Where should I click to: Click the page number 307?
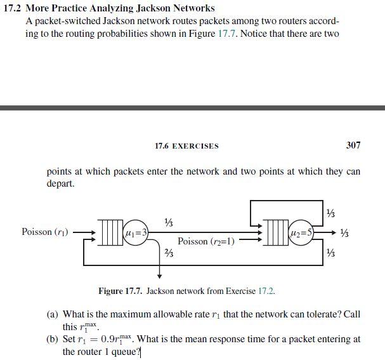pyautogui.click(x=353, y=145)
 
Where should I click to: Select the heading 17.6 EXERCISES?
pyautogui.click(x=186, y=145)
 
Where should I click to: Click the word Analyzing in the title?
pyautogui.click(x=112, y=8)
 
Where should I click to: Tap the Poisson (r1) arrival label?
pyautogui.click(x=45, y=232)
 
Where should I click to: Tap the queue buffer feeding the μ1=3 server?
pyautogui.click(x=112, y=233)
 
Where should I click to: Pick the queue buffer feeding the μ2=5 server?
pyautogui.click(x=275, y=233)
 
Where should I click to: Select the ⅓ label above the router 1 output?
pyautogui.click(x=168, y=221)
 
